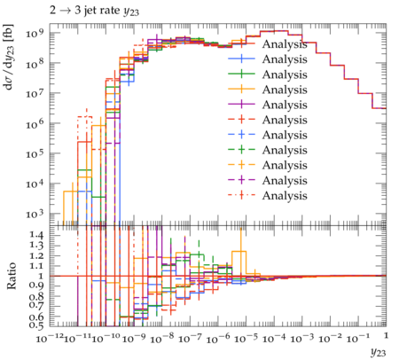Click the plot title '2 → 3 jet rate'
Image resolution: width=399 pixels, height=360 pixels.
point(85,11)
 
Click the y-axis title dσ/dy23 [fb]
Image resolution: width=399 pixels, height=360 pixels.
point(8,56)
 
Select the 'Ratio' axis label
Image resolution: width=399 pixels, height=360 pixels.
point(12,276)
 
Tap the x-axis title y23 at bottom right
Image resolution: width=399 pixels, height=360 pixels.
point(378,352)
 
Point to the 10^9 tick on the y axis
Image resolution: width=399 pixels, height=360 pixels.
point(35,33)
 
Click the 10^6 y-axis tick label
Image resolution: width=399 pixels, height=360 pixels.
point(35,123)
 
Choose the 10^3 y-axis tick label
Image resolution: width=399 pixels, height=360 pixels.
point(35,214)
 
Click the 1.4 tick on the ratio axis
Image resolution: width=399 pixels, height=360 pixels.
point(35,235)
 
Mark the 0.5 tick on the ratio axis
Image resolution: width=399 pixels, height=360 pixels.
point(35,325)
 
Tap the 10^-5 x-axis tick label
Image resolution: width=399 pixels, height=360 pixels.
point(246,338)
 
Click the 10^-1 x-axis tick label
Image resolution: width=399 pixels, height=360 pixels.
point(358,338)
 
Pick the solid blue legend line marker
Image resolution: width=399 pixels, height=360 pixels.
point(241,59)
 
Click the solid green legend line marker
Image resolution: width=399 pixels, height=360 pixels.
point(241,74)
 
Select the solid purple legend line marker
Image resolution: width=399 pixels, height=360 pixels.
point(241,105)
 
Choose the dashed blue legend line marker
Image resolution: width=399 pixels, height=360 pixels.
point(241,135)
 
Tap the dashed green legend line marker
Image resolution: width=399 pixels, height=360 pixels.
point(241,150)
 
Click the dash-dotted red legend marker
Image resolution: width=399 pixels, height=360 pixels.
point(241,195)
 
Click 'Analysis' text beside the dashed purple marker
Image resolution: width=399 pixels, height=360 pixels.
point(285,181)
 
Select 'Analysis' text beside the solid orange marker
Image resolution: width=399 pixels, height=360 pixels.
point(285,90)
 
